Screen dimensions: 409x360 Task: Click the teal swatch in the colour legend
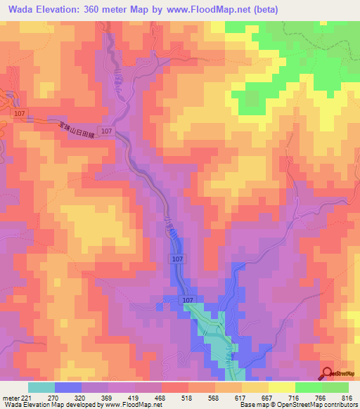tap(41, 387)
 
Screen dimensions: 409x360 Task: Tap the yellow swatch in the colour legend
tap(282, 387)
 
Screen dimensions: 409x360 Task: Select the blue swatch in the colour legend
tap(68, 387)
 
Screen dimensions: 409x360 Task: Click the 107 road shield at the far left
tap(19, 113)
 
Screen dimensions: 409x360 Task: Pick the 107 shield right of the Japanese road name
tap(106, 131)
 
